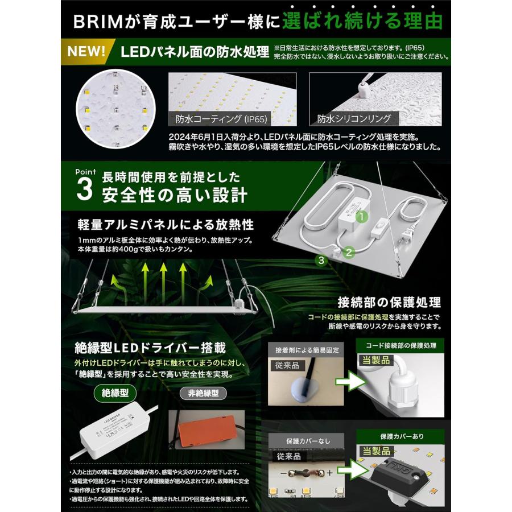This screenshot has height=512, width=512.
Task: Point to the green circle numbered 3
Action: tap(321, 261)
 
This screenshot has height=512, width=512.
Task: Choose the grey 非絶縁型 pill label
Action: tap(203, 393)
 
